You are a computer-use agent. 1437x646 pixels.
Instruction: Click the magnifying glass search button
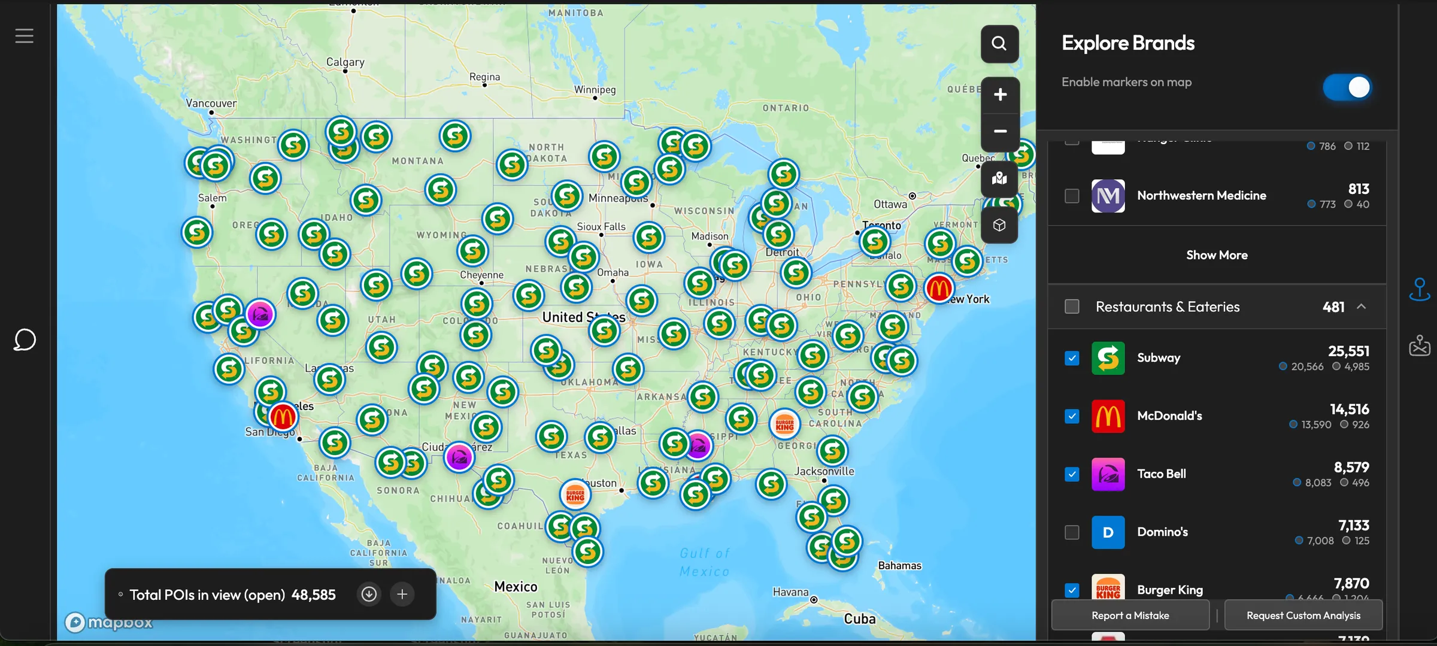(x=999, y=44)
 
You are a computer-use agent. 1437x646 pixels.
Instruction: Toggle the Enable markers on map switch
(x=1347, y=87)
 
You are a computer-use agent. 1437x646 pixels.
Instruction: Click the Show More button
(x=1217, y=255)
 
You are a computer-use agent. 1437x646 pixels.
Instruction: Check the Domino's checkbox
(x=1072, y=532)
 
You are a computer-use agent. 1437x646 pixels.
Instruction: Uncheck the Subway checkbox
(x=1072, y=358)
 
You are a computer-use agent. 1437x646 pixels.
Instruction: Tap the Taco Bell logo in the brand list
(x=1108, y=474)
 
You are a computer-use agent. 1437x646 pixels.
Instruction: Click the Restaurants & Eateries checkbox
(x=1072, y=307)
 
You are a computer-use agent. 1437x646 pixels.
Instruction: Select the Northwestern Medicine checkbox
(x=1072, y=196)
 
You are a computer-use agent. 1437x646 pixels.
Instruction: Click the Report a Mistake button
(x=1130, y=615)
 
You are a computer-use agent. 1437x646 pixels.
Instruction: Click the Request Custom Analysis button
(x=1303, y=615)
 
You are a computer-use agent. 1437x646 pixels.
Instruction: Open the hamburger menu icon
(x=25, y=36)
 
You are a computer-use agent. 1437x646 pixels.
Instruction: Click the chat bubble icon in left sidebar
(x=25, y=340)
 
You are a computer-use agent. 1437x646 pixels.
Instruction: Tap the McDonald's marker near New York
(x=938, y=289)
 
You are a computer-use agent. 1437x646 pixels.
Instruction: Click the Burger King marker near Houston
(x=575, y=495)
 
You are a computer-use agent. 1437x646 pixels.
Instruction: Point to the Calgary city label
(x=345, y=62)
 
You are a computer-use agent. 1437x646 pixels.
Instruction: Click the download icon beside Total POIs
(x=369, y=594)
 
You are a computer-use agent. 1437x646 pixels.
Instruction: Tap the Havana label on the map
(x=790, y=592)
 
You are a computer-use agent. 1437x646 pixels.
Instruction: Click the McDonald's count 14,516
(x=1349, y=410)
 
